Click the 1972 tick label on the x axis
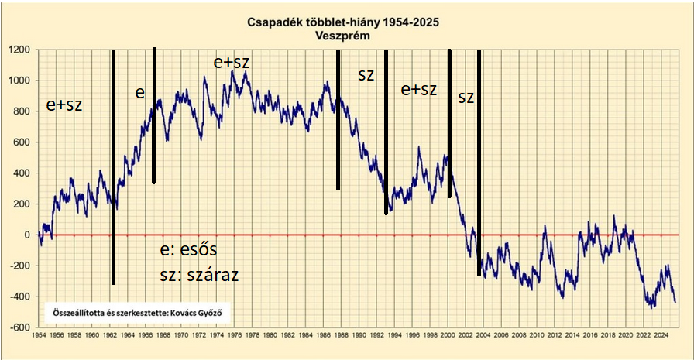pos(198,336)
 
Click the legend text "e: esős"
pos(188,251)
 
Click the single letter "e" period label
pos(139,93)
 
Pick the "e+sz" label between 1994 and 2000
pos(418,90)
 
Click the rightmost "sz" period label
pos(466,98)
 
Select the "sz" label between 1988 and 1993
pos(366,75)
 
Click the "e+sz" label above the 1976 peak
pos(232,62)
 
